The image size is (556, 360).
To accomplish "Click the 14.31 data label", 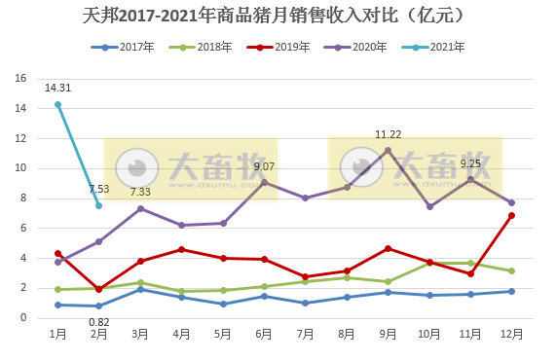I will tap(57, 88).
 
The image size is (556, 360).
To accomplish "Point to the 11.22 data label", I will tap(388, 134).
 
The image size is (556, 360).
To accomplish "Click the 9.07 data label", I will tap(264, 166).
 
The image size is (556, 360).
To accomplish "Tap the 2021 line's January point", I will tap(57, 104).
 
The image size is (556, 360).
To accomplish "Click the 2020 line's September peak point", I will tap(388, 150).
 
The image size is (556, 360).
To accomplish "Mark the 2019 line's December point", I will tap(511, 215).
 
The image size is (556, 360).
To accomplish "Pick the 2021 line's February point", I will tap(98, 205).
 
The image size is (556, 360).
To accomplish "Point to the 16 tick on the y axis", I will tap(20, 79).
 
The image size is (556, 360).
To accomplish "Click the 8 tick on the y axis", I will tap(23, 198).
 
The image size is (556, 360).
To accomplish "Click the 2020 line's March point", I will tap(140, 208).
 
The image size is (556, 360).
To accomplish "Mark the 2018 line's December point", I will tap(511, 270).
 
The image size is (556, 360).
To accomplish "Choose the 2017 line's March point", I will tap(140, 289).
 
